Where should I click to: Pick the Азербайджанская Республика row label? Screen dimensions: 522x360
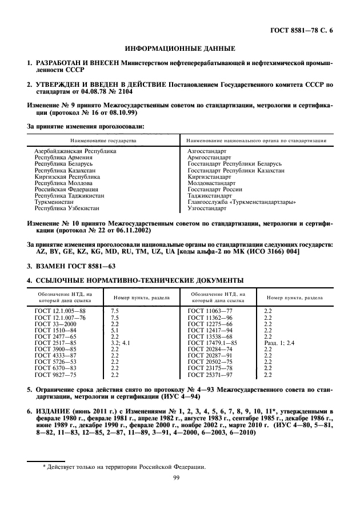[75, 151]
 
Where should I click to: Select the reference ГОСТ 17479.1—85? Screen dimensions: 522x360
[212, 342]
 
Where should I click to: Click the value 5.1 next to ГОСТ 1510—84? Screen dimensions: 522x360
[114, 330]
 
